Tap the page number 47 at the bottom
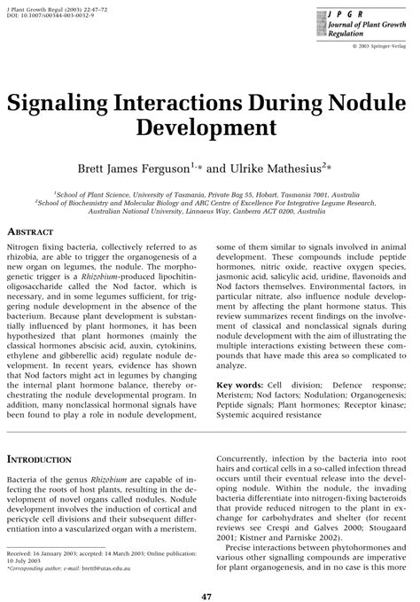[x=210, y=586]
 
